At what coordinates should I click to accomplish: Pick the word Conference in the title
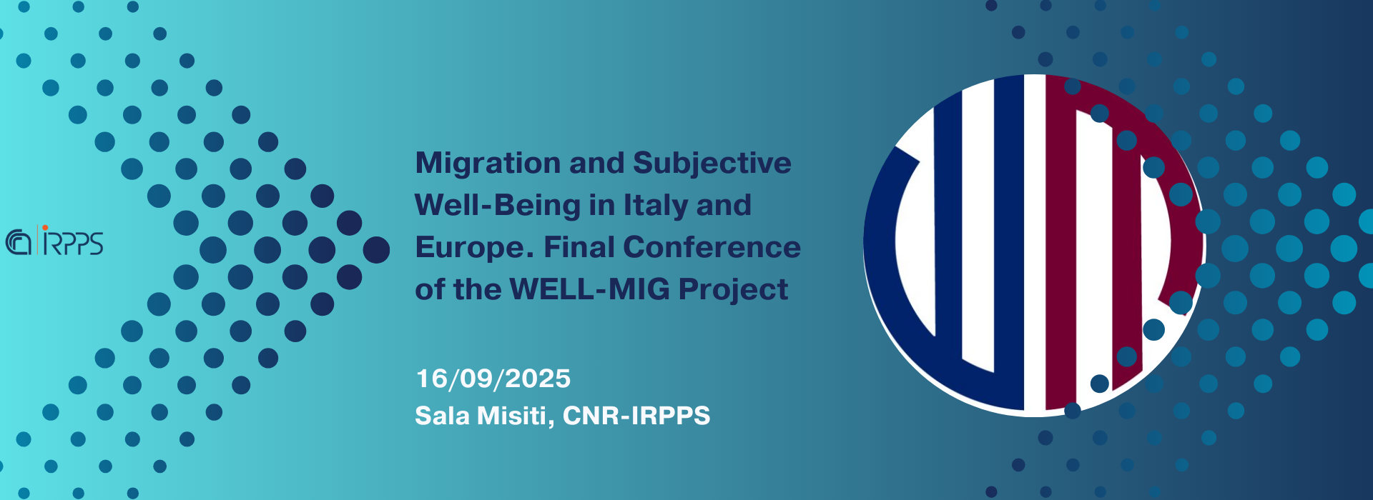coord(712,247)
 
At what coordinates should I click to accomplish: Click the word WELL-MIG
coord(590,289)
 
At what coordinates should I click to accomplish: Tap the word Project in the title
coord(733,290)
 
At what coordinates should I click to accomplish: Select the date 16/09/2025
coord(493,379)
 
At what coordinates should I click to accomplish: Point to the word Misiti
coord(515,416)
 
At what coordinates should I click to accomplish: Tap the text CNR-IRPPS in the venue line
coord(636,416)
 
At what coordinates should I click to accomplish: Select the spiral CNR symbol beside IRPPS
coord(19,242)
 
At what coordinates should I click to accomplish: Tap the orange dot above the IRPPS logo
coord(46,228)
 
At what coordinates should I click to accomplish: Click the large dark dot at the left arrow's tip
coord(376,250)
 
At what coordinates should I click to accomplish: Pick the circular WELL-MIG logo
coord(1034,244)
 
